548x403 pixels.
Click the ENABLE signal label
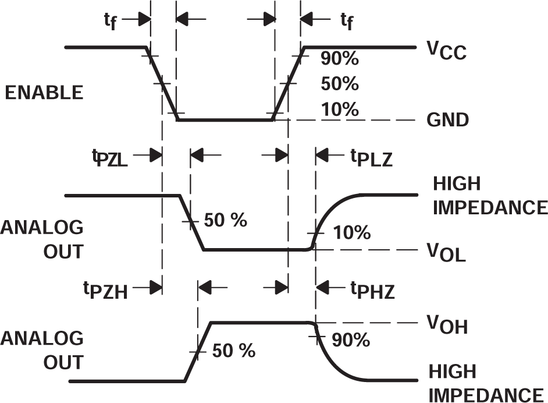(x=43, y=93)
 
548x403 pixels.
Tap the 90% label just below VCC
(x=340, y=59)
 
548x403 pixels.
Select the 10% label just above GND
(x=340, y=109)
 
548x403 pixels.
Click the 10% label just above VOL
(x=351, y=233)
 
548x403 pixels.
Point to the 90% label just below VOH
(x=351, y=340)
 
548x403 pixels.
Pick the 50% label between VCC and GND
(x=340, y=84)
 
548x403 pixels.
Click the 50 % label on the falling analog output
(x=226, y=220)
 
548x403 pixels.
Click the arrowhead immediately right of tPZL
(x=155, y=155)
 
